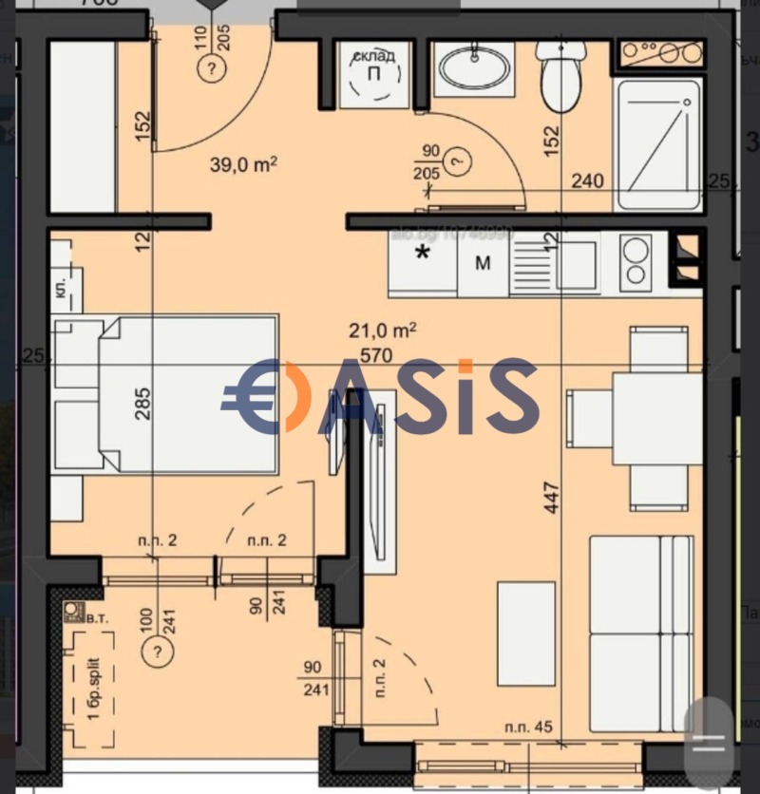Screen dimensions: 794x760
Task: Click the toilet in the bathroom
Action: tap(561, 75)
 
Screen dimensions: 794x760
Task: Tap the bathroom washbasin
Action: tap(473, 67)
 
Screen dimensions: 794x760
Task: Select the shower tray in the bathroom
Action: tap(657, 143)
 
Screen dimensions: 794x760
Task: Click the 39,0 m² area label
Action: tap(243, 163)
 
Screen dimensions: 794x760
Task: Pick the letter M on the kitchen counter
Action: tap(484, 263)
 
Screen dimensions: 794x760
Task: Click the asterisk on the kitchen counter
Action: tap(424, 254)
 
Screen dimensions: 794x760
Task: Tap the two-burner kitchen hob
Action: tap(635, 262)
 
